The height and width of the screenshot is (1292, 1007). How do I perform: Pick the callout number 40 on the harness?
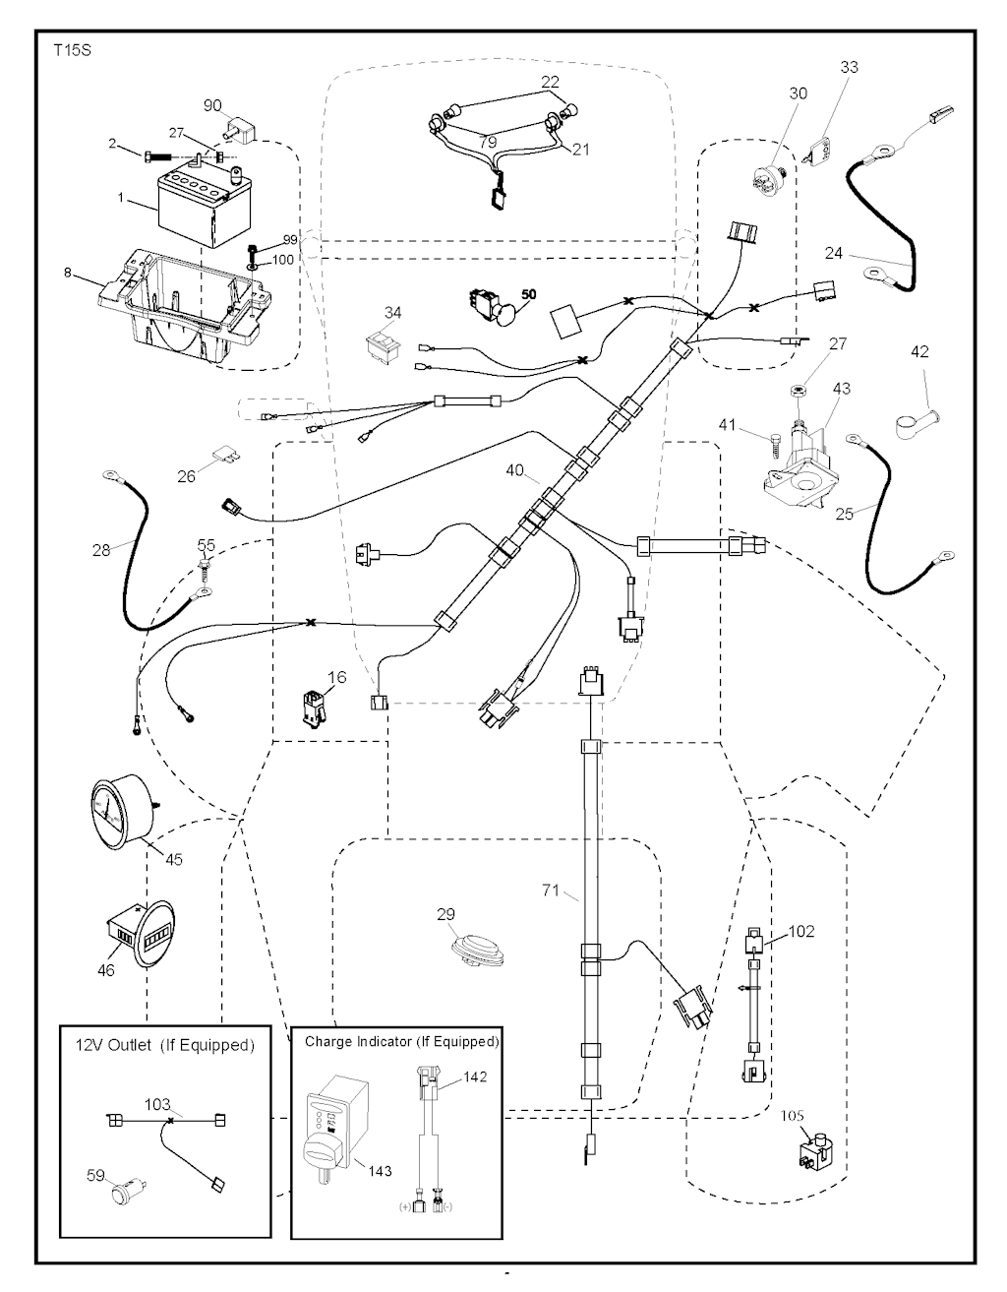point(515,470)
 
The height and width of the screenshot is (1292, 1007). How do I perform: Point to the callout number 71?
point(550,891)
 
